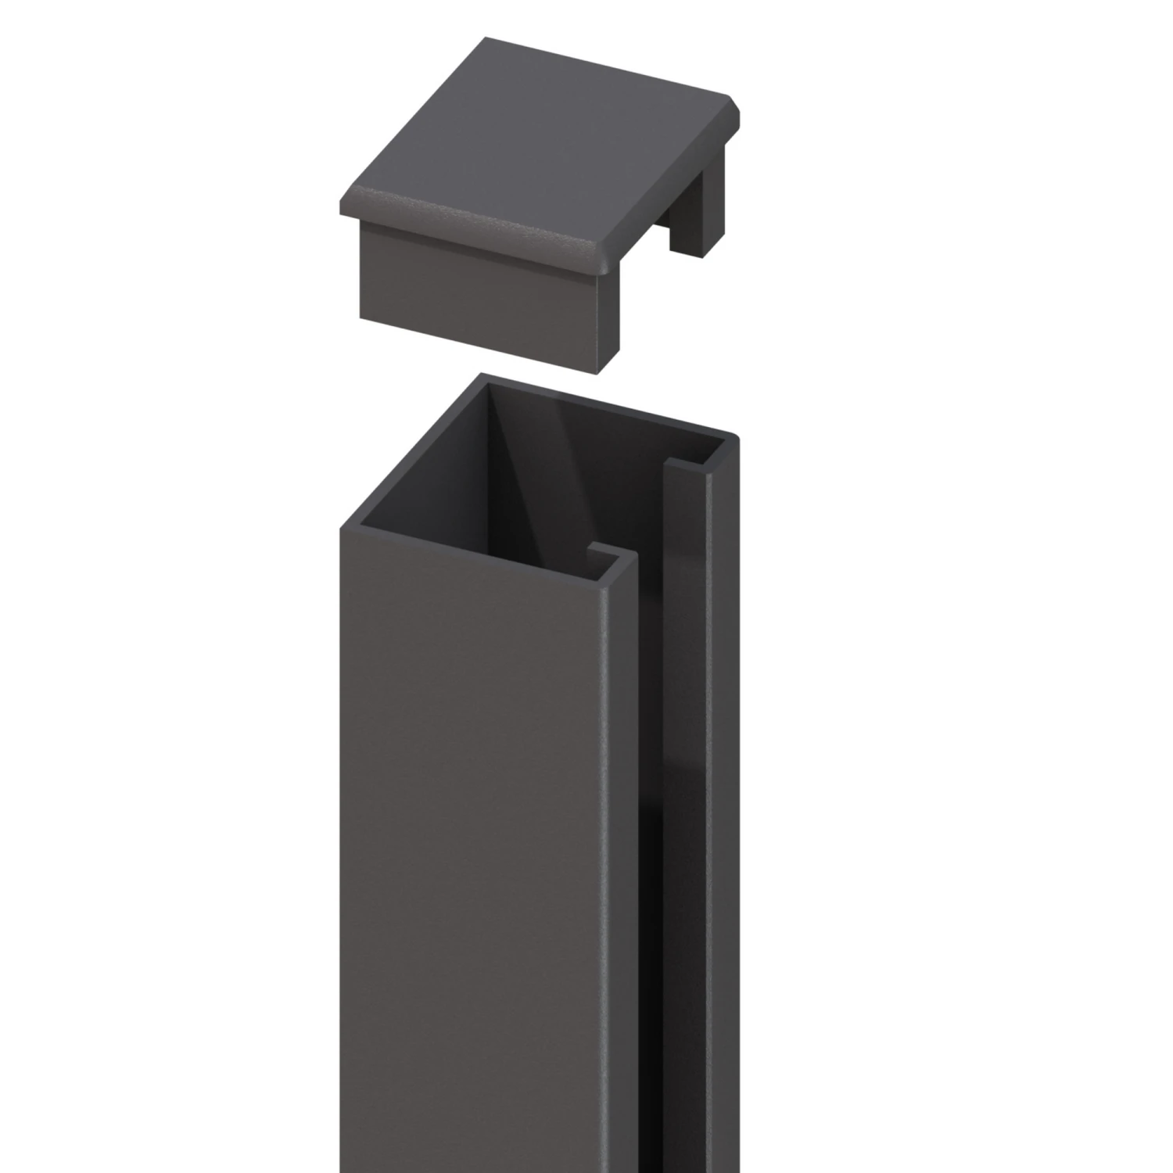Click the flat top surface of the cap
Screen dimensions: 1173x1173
click(x=540, y=133)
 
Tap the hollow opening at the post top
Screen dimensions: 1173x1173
click(x=540, y=469)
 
